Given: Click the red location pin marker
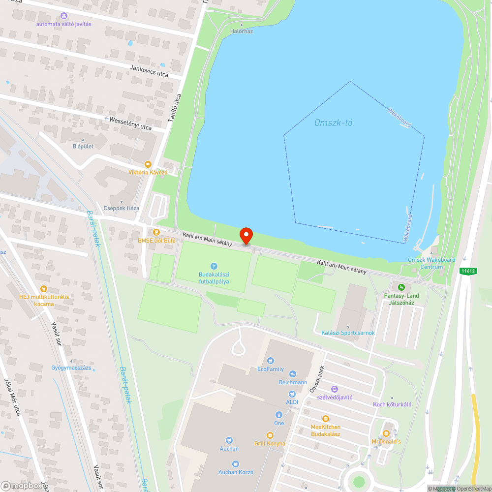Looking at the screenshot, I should point(246,236).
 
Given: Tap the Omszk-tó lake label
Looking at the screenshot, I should point(334,123).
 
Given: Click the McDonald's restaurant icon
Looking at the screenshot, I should point(386,433).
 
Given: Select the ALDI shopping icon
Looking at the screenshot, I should point(292,394).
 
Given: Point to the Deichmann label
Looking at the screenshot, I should point(292,382).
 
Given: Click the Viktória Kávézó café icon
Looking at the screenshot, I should point(148,164).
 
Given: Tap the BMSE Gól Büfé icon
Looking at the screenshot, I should point(156,232).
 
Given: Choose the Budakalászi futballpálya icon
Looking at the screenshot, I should point(214,266).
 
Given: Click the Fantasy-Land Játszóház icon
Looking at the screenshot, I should point(401,287).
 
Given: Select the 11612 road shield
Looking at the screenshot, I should point(468,271).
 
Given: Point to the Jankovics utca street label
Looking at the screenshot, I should point(149,71).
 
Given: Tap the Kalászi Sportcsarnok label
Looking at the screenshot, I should point(348,333).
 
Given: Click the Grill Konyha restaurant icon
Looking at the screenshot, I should point(270,435).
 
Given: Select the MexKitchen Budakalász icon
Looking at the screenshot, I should point(325,419).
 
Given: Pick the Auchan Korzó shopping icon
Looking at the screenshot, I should point(236,464).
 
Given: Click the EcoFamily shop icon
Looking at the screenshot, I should point(270,361).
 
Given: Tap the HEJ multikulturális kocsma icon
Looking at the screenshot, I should point(44,289).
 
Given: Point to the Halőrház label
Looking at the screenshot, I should point(242,31).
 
